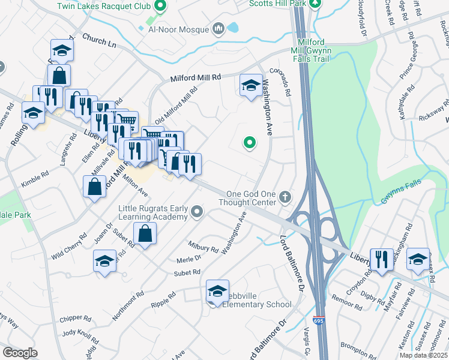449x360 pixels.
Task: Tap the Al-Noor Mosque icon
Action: point(218,28)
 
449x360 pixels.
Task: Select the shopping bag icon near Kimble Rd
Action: point(95,186)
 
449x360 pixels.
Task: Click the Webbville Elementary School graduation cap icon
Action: point(217,291)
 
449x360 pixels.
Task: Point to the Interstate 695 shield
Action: point(319,322)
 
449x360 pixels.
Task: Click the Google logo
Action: point(20,353)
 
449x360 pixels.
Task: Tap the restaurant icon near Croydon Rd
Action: point(381,259)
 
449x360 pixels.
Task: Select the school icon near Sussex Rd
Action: point(418,259)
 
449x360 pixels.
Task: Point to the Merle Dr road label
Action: point(188,259)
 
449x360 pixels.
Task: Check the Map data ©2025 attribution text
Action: point(423,355)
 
